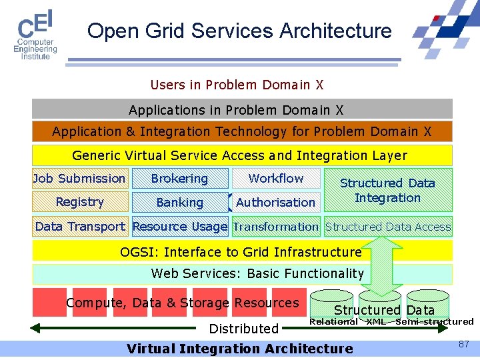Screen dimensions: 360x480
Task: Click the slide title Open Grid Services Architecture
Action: pos(239,31)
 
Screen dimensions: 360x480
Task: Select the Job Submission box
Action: pos(80,179)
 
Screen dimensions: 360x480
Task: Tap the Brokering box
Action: pos(179,179)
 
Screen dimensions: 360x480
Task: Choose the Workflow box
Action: pos(276,179)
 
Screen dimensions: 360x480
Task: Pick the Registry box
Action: pos(80,202)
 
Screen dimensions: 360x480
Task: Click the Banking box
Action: pos(179,202)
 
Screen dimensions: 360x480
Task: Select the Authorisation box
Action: pos(276,202)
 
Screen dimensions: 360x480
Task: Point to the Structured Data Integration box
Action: pos(387,190)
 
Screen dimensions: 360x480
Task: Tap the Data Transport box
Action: pos(80,227)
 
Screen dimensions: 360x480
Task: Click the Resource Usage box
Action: pos(179,227)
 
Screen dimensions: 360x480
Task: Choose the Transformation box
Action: pos(276,227)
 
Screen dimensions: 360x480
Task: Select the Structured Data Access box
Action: pos(388,227)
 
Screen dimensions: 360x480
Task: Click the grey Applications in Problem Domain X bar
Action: pos(242,109)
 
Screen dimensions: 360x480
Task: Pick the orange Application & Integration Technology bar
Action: pos(242,131)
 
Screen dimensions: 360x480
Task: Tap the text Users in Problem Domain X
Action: pos(237,85)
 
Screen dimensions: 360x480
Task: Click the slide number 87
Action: pos(463,343)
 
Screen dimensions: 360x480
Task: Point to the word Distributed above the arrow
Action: pos(243,328)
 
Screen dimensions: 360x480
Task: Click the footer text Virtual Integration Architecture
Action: pos(239,348)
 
